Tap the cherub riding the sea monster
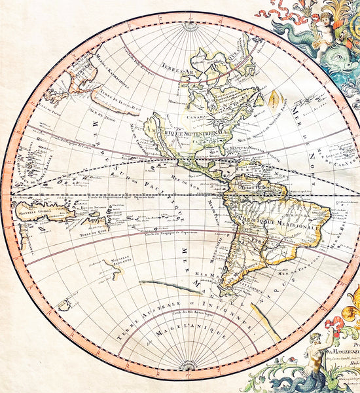[323, 39]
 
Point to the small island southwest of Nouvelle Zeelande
[63, 304]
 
